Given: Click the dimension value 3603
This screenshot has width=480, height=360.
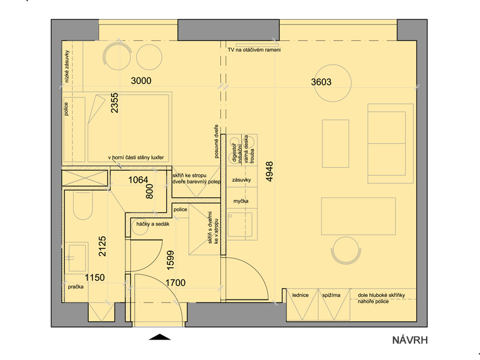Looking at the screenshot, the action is click(321, 82).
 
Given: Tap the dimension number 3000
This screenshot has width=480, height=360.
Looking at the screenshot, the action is click(141, 81).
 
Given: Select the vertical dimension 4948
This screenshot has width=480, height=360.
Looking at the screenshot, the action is click(269, 172).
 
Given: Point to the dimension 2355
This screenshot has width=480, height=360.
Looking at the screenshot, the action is click(115, 103).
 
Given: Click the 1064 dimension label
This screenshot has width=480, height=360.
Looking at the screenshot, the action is click(138, 179).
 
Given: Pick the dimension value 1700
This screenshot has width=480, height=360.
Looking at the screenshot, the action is click(175, 283).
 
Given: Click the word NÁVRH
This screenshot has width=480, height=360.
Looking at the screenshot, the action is click(410, 340).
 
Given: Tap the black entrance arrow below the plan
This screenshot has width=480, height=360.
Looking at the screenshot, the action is click(160, 337).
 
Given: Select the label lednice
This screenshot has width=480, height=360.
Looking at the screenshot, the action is click(301, 295).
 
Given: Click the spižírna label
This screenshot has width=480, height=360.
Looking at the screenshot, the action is click(331, 295).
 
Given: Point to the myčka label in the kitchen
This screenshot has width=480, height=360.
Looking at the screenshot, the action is click(241, 201).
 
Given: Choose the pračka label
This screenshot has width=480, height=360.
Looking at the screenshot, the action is click(76, 287).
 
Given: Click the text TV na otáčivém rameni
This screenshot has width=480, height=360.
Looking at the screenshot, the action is click(254, 50).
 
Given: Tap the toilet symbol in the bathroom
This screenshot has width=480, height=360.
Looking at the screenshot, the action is click(83, 205).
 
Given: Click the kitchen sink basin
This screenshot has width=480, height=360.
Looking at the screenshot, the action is click(239, 224).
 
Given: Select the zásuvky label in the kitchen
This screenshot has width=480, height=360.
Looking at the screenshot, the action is click(242, 180).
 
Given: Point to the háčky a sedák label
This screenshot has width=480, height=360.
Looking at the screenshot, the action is click(153, 224).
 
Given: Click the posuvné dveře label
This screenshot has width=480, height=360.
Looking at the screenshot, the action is click(217, 142).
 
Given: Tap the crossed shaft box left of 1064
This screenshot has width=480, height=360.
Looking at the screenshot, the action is click(85, 178).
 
